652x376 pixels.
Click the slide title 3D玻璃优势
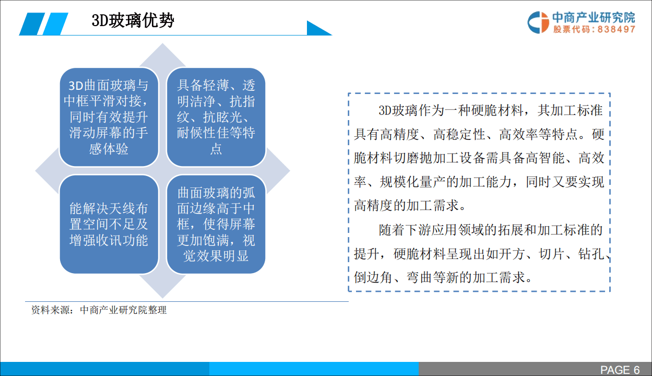point(133,21)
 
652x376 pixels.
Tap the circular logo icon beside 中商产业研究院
point(538,22)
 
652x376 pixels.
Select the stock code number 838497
point(617,30)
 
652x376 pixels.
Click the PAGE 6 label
point(620,370)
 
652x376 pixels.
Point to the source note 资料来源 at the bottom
point(99,310)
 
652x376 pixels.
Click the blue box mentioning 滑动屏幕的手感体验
point(109,117)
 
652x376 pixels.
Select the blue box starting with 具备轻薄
point(216,117)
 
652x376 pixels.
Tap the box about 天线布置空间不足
point(109,224)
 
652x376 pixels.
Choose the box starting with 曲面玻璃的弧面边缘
point(216,224)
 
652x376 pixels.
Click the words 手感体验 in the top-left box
point(109,149)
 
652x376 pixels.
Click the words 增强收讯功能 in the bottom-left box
point(109,240)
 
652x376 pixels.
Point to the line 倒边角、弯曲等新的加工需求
point(444,277)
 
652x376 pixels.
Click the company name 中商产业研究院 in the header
point(594,18)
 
